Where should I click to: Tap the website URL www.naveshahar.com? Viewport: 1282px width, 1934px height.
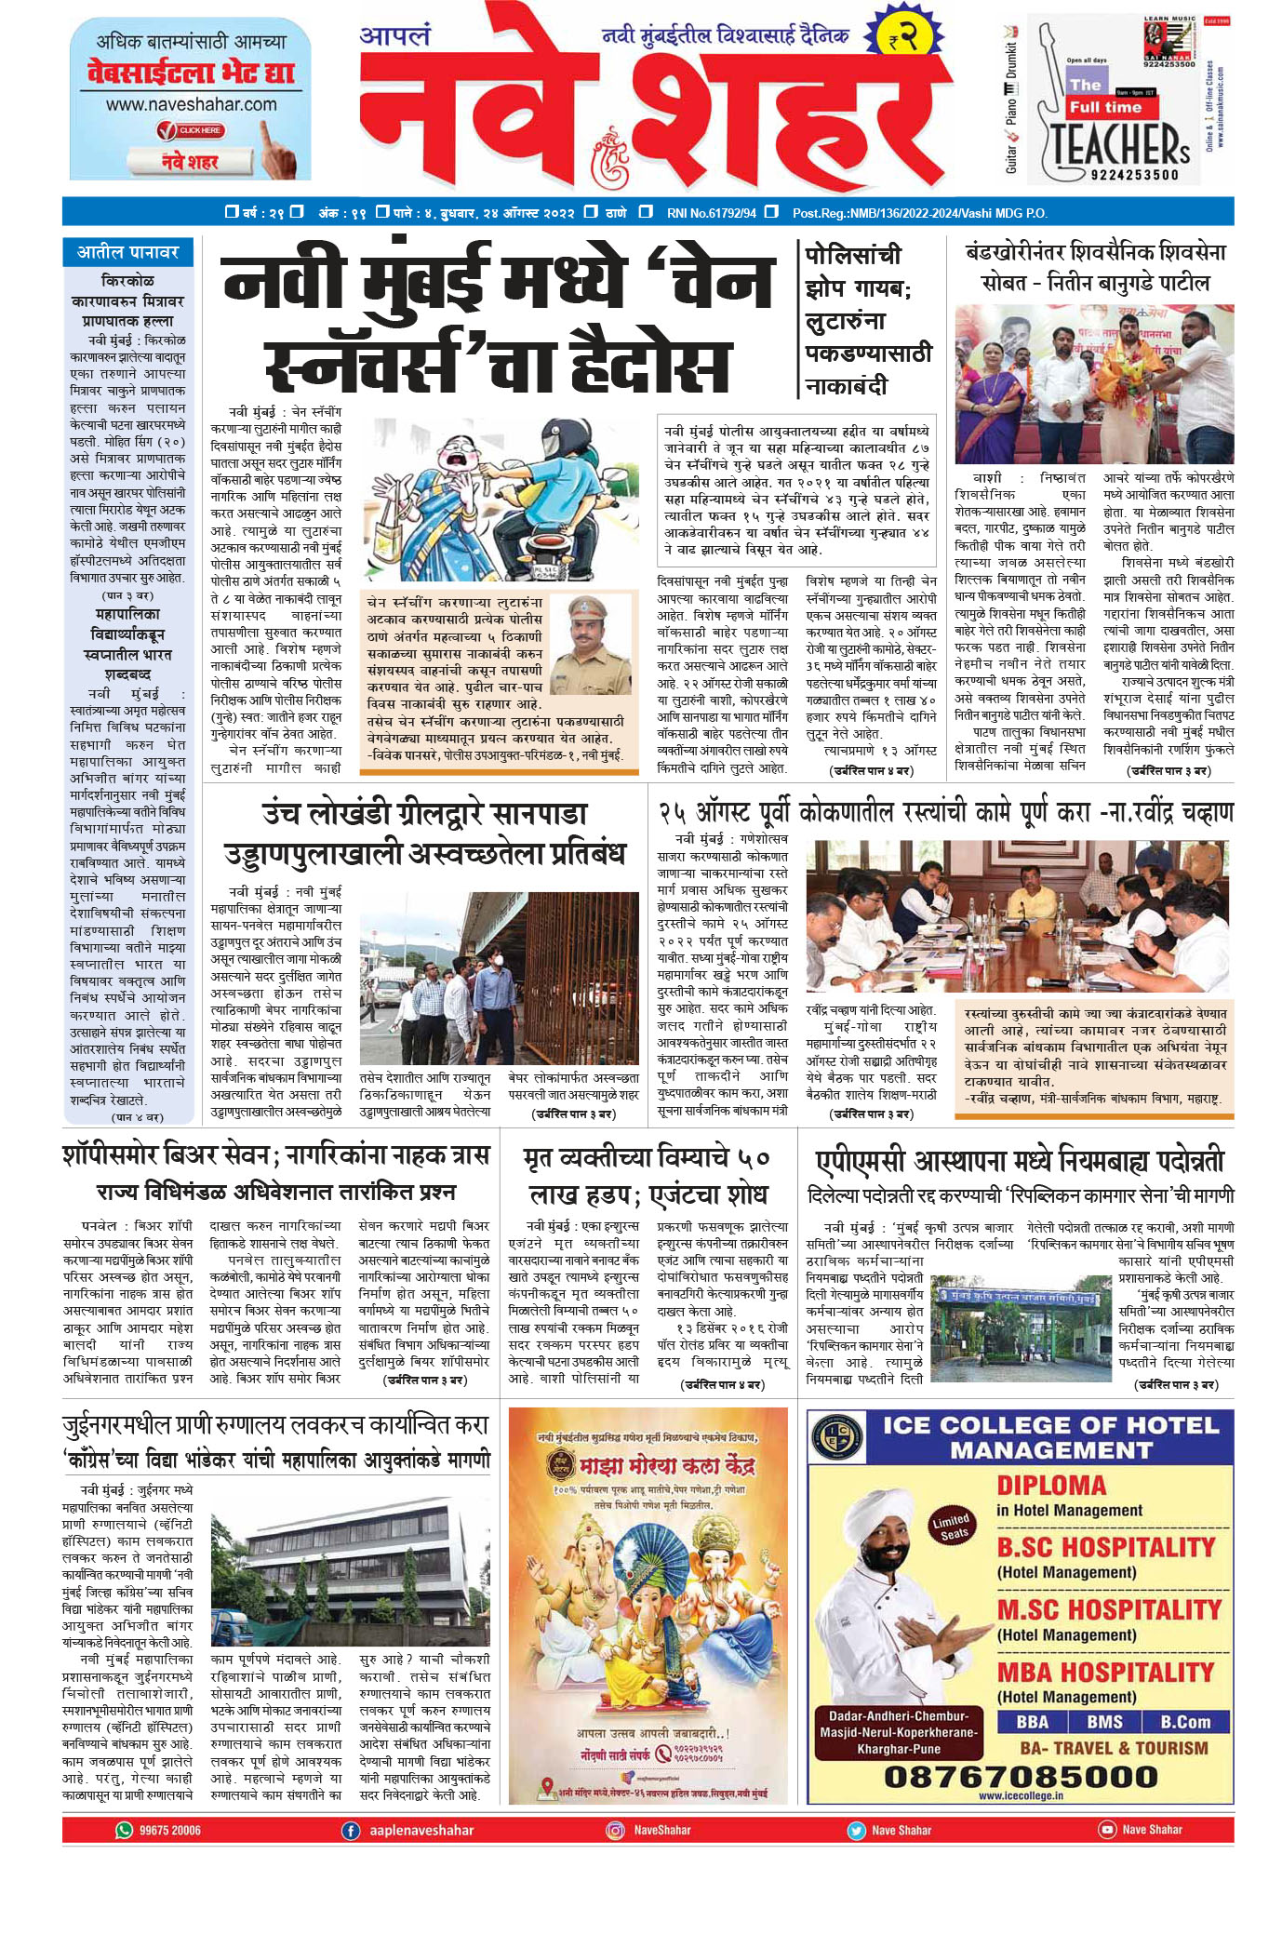(x=191, y=104)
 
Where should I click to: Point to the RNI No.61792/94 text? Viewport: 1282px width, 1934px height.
(x=711, y=213)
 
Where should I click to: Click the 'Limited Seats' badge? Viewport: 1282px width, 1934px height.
(x=951, y=1527)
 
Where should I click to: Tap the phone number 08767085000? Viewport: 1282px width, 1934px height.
(x=1021, y=1777)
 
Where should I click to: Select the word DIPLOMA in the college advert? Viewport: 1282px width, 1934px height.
(x=1051, y=1486)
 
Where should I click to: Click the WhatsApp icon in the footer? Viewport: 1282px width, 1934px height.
(x=124, y=1830)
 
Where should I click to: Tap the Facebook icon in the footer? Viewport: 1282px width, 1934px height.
(x=351, y=1830)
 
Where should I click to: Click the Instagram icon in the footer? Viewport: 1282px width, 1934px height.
(x=615, y=1830)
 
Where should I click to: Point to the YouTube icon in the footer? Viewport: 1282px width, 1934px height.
(x=1106, y=1829)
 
